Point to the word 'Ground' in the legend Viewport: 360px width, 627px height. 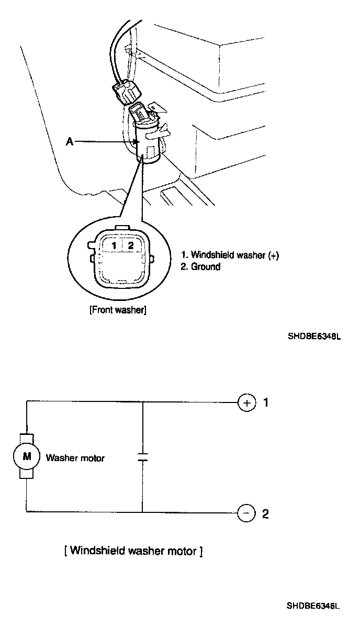[206, 267]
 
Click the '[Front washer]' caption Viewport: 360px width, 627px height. [118, 310]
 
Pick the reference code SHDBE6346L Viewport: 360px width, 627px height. [313, 607]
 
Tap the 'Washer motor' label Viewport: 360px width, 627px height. [75, 458]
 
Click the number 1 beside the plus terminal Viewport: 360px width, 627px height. [266, 402]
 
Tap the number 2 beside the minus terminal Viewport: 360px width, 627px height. [265, 514]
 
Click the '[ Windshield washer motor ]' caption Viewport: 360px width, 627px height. [133, 551]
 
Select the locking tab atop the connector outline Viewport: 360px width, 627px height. [121, 228]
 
